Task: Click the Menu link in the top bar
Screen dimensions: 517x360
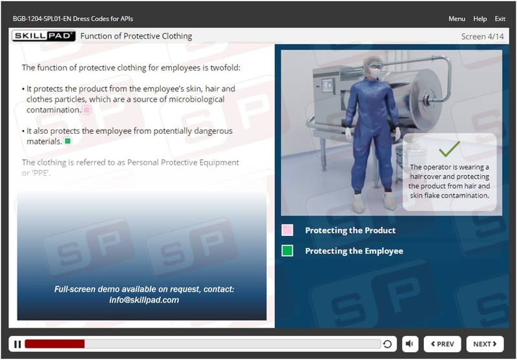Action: pyautogui.click(x=457, y=19)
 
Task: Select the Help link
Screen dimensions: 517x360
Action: pyautogui.click(x=480, y=19)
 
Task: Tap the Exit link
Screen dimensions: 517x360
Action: pyautogui.click(x=500, y=19)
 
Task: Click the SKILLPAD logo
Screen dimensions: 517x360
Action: pyautogui.click(x=43, y=36)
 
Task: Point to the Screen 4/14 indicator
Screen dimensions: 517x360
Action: pyautogui.click(x=482, y=37)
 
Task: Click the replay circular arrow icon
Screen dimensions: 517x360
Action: pyautogui.click(x=387, y=344)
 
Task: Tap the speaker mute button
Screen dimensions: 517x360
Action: pyautogui.click(x=410, y=344)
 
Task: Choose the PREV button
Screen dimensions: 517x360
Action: pyautogui.click(x=442, y=344)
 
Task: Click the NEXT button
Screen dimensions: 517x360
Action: pyautogui.click(x=485, y=344)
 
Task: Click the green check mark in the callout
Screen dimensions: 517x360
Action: pyautogui.click(x=449, y=149)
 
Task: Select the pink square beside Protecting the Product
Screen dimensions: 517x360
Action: pyautogui.click(x=287, y=230)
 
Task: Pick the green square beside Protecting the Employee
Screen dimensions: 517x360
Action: pyautogui.click(x=287, y=251)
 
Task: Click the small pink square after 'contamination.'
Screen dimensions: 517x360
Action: pyautogui.click(x=87, y=110)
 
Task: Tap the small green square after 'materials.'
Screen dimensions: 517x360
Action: pyautogui.click(x=68, y=142)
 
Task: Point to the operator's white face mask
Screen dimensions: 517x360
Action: pyautogui.click(x=375, y=73)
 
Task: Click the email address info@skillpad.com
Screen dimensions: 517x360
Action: pyautogui.click(x=144, y=300)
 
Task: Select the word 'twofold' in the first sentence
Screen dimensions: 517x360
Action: pyautogui.click(x=225, y=68)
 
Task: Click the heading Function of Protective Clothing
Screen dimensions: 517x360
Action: pyautogui.click(x=136, y=36)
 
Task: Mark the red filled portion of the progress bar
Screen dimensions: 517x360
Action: pyautogui.click(x=55, y=344)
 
